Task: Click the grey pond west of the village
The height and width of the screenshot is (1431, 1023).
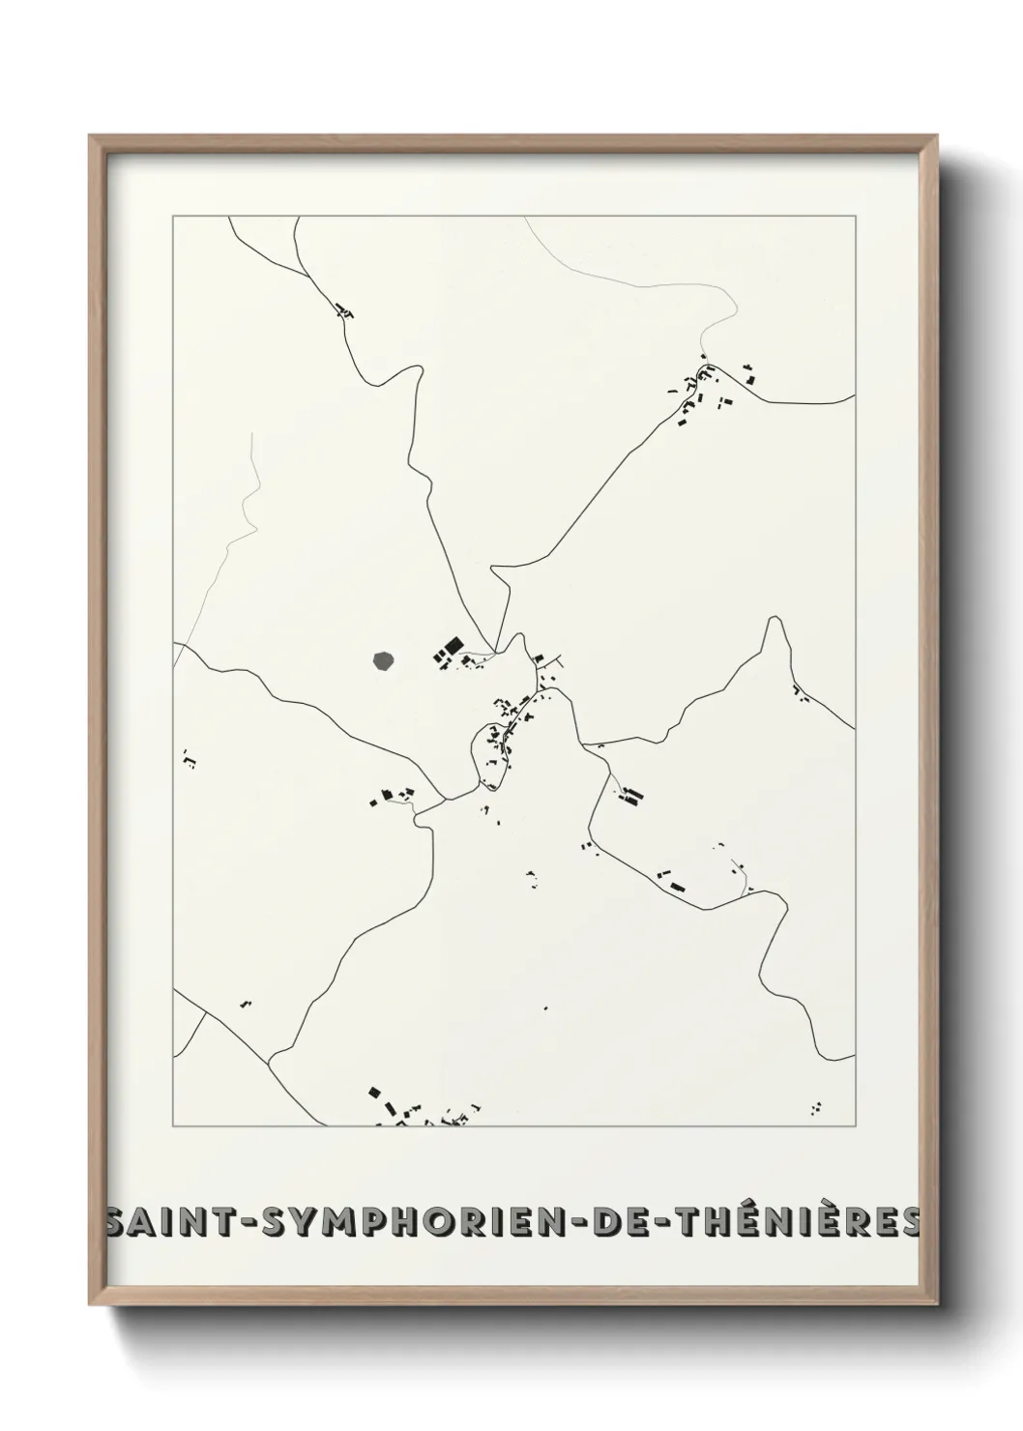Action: [384, 661]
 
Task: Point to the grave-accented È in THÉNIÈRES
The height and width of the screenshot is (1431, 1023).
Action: [840, 1224]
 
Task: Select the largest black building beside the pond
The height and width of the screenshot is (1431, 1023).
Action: [451, 646]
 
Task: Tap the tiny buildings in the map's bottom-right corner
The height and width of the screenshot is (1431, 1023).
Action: [817, 1106]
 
